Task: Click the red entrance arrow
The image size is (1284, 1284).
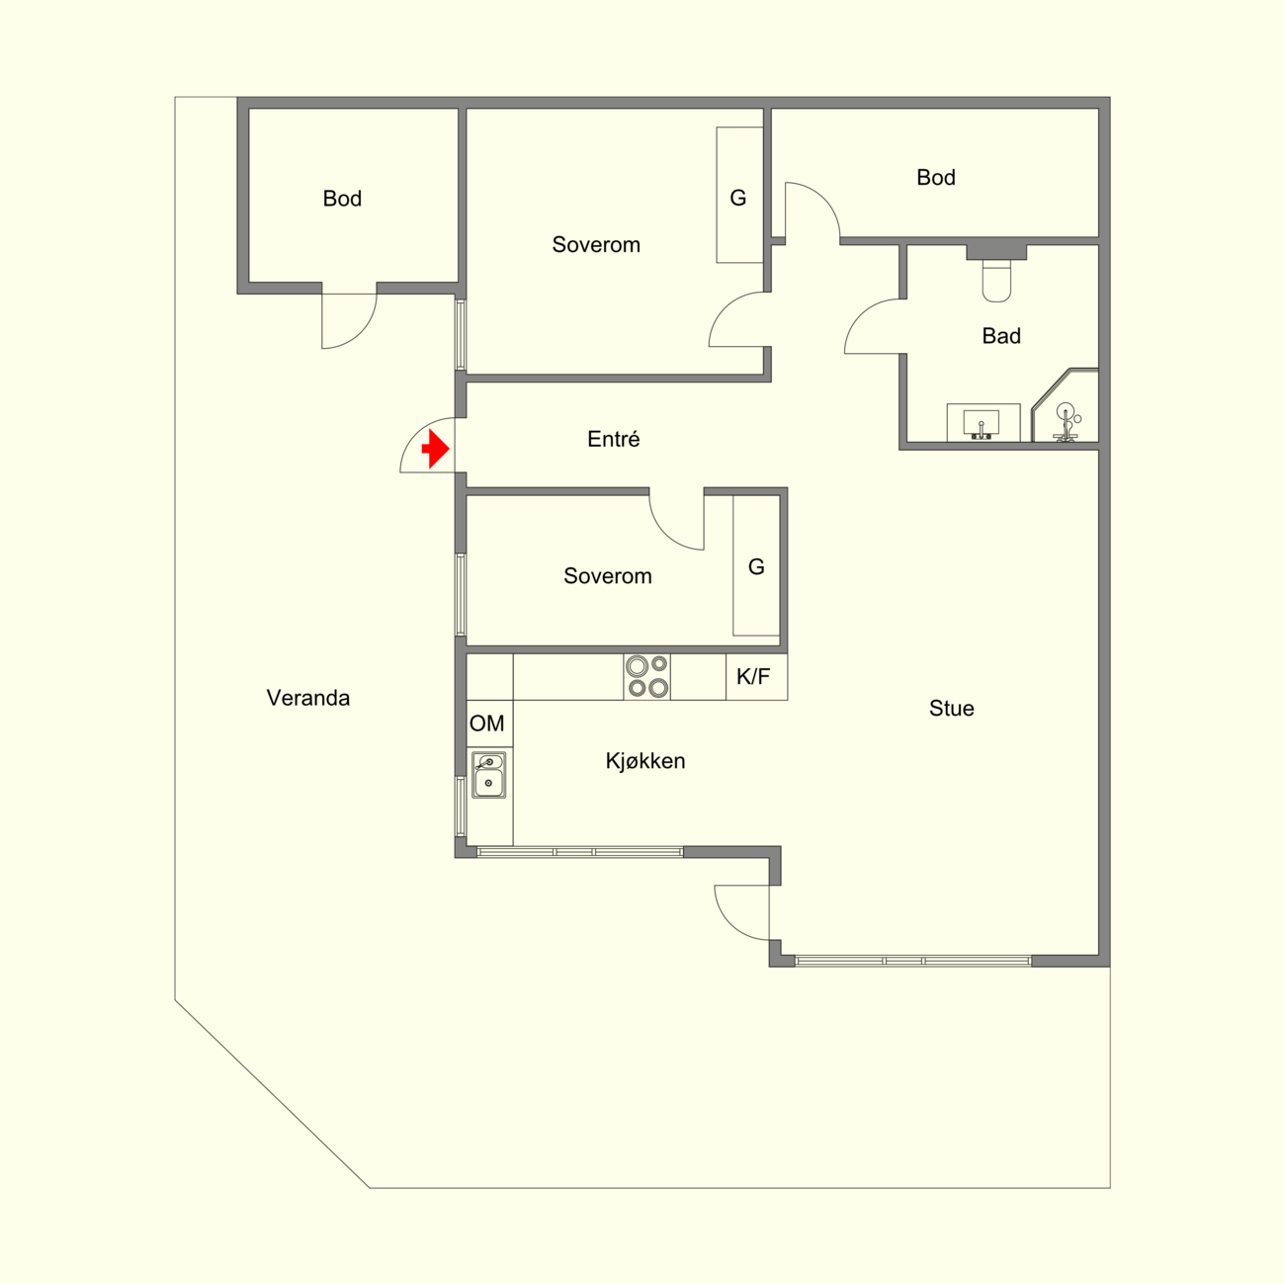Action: click(x=436, y=449)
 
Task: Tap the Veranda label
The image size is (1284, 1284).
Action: click(x=307, y=698)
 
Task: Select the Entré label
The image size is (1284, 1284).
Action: click(x=613, y=439)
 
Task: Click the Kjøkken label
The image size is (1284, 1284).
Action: click(x=645, y=760)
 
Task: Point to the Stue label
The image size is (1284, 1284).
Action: click(x=951, y=708)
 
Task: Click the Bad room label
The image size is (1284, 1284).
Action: click(x=1001, y=335)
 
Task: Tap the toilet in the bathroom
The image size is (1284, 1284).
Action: click(x=996, y=280)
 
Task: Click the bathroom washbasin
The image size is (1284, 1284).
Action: click(x=983, y=422)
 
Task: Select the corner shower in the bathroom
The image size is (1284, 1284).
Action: click(x=1065, y=405)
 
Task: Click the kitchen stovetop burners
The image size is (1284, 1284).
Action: click(x=647, y=676)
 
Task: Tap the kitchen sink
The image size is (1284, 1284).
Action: click(x=489, y=774)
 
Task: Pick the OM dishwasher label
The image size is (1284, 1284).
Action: click(x=487, y=723)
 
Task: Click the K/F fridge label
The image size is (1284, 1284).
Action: click(x=753, y=676)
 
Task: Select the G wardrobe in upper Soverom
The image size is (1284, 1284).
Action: click(x=739, y=196)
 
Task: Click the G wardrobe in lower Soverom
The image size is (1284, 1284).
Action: click(x=756, y=565)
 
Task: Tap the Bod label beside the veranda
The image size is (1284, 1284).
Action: click(x=342, y=198)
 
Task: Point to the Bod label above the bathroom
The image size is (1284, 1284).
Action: click(x=935, y=177)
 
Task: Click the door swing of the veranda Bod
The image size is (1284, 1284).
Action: click(x=361, y=332)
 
